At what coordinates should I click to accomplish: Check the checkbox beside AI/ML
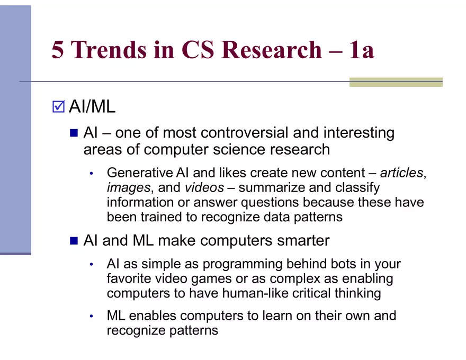pyautogui.click(x=58, y=107)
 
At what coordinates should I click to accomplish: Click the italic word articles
pyautogui.click(x=402, y=173)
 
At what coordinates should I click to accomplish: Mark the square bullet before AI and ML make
pyautogui.click(x=74, y=241)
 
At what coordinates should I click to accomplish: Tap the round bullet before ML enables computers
pyautogui.click(x=91, y=317)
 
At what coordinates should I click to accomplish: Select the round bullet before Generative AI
pyautogui.click(x=91, y=173)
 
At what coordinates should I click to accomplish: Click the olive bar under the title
pyautogui.click(x=396, y=82)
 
